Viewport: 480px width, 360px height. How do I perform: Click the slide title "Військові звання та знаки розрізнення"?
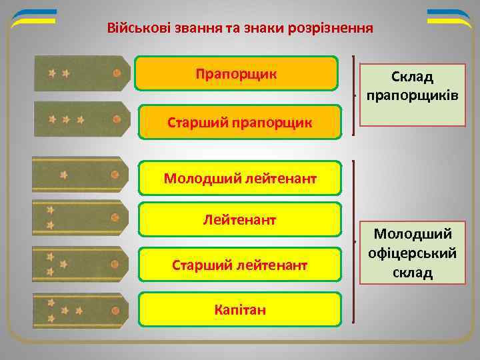click(x=240, y=29)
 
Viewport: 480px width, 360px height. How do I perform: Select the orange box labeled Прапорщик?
click(x=237, y=73)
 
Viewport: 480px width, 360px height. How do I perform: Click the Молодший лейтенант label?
click(x=240, y=178)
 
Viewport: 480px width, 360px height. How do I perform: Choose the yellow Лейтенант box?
click(x=240, y=219)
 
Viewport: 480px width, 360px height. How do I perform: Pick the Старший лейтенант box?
click(x=240, y=265)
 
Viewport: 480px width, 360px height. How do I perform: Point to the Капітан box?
click(x=240, y=309)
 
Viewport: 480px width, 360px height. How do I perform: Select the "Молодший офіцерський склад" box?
click(x=413, y=253)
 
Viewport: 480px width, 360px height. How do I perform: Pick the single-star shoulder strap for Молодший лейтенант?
click(x=80, y=175)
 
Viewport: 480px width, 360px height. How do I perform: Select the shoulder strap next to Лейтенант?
click(x=80, y=218)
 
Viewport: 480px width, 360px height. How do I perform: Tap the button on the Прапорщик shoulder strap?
click(x=117, y=74)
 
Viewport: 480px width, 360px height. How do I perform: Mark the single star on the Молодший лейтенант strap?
click(x=63, y=175)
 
